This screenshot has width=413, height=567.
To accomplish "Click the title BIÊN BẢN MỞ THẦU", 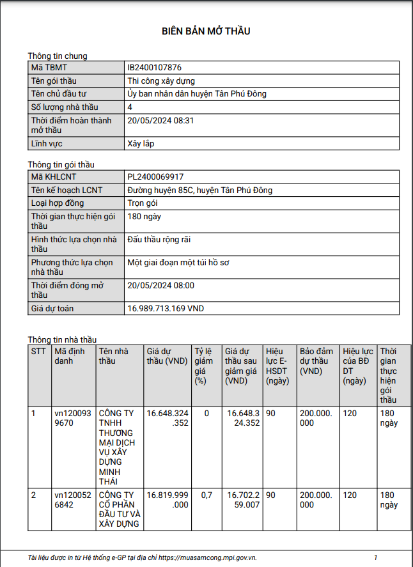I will [206, 31].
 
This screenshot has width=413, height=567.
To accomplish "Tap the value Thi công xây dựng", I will [161, 81].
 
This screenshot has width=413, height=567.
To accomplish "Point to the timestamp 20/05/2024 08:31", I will [160, 120].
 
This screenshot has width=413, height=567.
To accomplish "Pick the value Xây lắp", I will [141, 144].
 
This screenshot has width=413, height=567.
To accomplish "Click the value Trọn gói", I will [143, 203].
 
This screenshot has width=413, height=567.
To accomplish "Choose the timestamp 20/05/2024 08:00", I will [160, 286].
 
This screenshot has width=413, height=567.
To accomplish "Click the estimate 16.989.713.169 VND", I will [166, 309].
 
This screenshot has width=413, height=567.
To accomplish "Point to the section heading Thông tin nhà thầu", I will [62, 339].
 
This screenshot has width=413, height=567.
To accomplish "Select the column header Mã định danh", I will [69, 356].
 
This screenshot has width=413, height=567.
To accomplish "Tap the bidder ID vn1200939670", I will [73, 418].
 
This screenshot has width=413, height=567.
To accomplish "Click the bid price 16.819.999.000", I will [168, 500].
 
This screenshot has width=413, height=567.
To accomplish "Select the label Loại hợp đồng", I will [58, 203].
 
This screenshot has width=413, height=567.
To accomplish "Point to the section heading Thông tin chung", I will [58, 56].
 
